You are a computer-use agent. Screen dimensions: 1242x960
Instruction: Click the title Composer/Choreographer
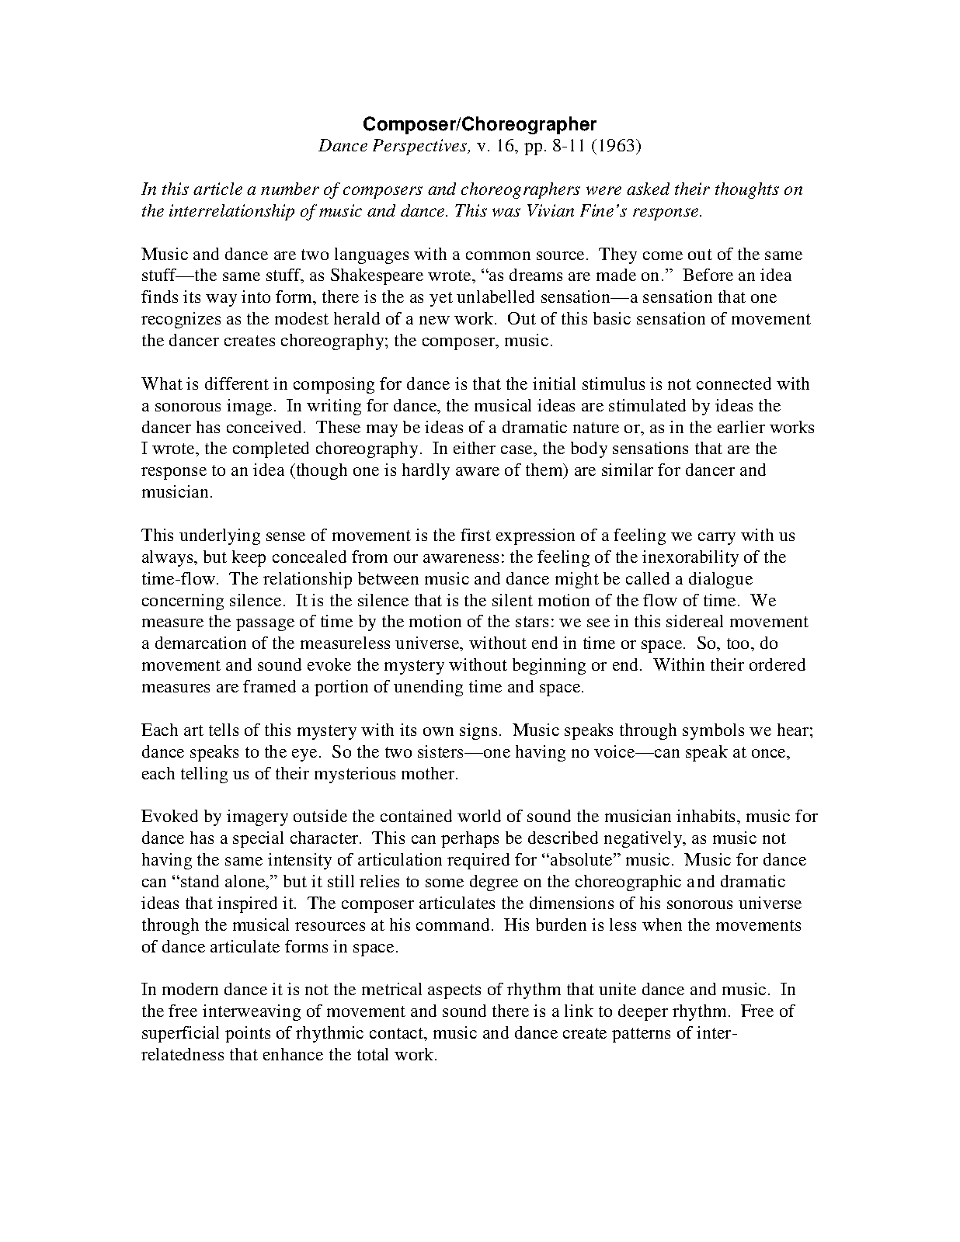click(480, 124)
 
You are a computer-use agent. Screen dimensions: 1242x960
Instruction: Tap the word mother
click(428, 774)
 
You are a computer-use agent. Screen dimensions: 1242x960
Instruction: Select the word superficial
click(179, 1034)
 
